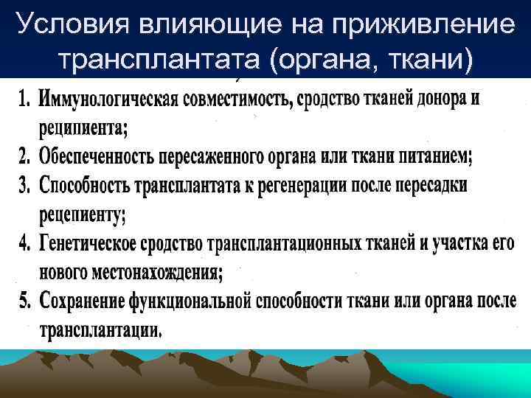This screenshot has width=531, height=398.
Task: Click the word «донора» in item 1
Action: [422, 99]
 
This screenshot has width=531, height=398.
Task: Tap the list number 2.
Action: [24, 156]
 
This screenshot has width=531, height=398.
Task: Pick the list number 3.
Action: [24, 185]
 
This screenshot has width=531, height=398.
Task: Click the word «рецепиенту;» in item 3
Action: [83, 214]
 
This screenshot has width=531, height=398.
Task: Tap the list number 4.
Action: [24, 244]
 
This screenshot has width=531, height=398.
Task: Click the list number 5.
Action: [24, 301]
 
